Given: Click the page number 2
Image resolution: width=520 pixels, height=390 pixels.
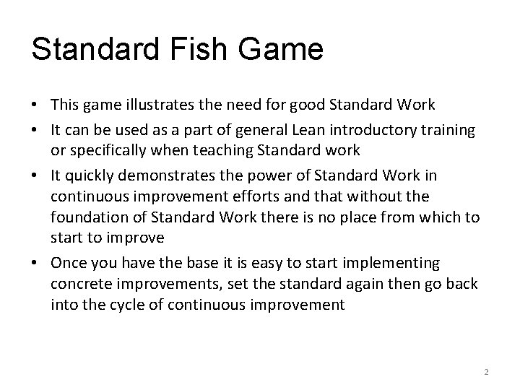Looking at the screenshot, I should click(x=486, y=372).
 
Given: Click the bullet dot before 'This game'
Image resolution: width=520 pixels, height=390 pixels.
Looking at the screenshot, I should click(x=34, y=105).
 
